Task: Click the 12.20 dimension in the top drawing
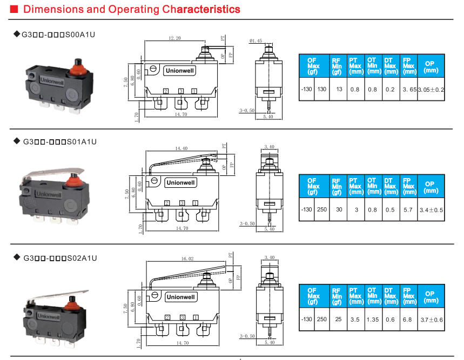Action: (x=174, y=39)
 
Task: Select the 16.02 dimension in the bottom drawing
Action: (x=187, y=259)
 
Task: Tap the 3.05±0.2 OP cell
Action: (x=431, y=89)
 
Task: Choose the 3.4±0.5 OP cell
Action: (x=431, y=209)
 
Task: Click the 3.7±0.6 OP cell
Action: (x=431, y=320)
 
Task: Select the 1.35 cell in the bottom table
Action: (x=372, y=320)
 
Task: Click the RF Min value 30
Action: (x=337, y=209)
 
